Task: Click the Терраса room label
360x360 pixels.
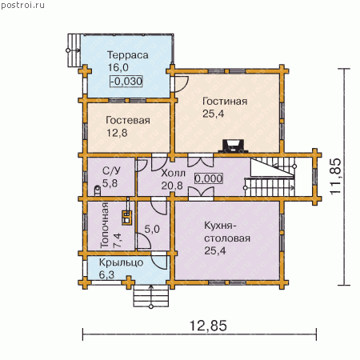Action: pos(128,55)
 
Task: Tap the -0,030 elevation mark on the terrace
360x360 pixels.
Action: pos(126,81)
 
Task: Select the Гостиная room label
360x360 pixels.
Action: pos(225,102)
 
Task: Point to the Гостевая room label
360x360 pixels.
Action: pos(128,120)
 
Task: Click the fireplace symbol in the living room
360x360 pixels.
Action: pos(233,146)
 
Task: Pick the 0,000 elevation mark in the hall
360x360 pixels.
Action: pos(209,178)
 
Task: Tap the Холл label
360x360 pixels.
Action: pos(173,174)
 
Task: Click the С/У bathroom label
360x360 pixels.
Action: pos(111,171)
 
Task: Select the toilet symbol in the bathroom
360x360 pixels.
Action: pos(98,191)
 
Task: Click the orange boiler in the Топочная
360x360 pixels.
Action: pos(127,217)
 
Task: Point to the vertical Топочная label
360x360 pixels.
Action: pos(105,226)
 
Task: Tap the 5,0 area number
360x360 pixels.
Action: pos(152,229)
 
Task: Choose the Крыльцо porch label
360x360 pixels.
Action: pos(121,262)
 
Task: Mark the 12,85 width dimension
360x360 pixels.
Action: pos(208,326)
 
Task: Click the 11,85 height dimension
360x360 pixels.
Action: pos(335,177)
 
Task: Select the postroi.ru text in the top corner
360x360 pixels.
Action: pos(23,6)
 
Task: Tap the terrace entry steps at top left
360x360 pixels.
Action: pos(74,50)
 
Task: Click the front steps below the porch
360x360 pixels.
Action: pos(151,296)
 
